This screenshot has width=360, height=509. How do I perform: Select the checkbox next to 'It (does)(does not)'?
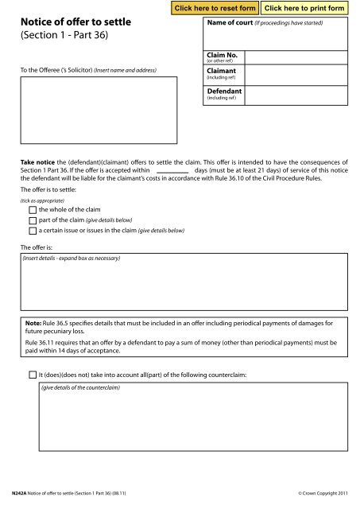(33, 373)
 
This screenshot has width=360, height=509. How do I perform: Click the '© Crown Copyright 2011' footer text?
(322, 495)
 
